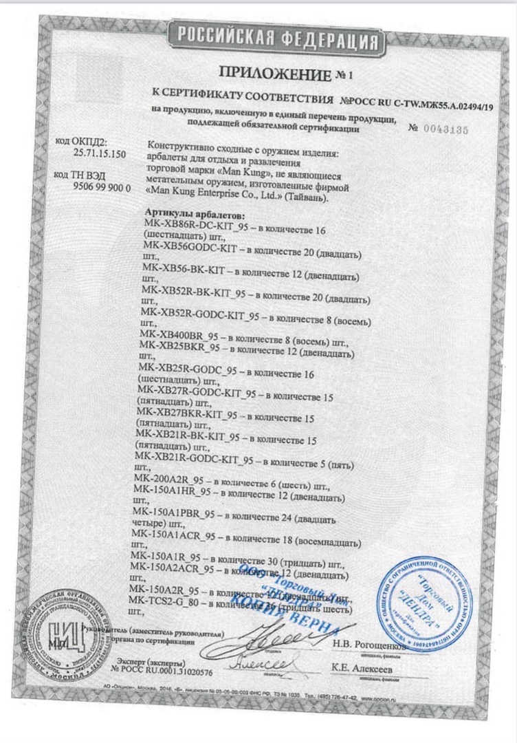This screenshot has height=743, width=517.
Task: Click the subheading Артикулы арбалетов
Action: pos(192,214)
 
